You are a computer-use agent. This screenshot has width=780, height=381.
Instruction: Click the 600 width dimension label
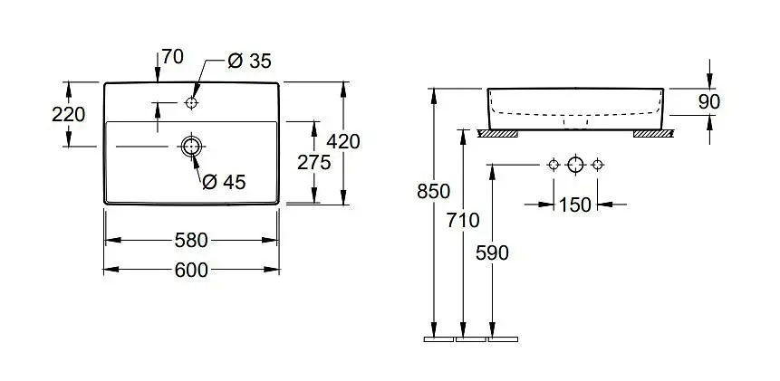pos(191,270)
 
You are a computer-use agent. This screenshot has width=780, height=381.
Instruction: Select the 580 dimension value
pos(191,240)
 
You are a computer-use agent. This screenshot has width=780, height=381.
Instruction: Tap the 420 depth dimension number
pos(344,141)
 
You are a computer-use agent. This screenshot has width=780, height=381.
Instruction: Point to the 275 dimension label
pos(313,161)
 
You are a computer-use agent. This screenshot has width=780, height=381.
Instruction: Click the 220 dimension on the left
pos(69,114)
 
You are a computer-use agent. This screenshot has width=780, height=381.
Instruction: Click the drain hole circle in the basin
pos(191,146)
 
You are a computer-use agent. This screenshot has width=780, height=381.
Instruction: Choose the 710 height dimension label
pos(464,220)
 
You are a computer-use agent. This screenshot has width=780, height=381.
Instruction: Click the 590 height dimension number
pos(492,252)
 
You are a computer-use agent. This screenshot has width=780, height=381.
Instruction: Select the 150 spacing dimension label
pos(574,205)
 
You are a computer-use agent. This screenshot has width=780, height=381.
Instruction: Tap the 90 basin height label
pos(709,101)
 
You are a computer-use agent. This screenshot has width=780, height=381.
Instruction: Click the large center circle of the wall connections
pos(574,165)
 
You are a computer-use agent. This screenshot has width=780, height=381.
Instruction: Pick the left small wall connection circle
pos(553,165)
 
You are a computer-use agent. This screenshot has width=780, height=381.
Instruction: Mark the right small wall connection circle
pos(597,165)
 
